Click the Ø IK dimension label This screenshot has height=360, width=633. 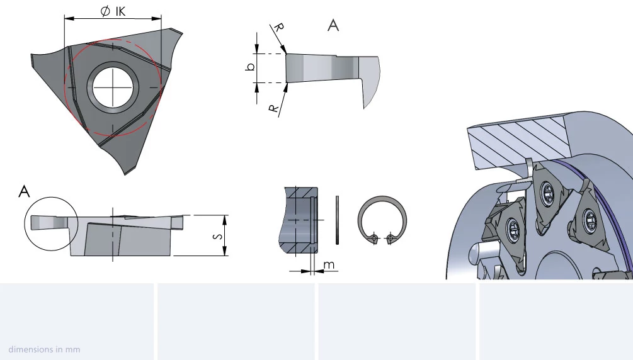coord(113,11)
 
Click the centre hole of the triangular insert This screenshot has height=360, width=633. coord(113,87)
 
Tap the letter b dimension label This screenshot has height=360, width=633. coord(250,67)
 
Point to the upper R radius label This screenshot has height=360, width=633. coord(278,28)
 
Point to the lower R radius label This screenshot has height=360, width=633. coord(274,108)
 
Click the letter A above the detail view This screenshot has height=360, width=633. coord(333,25)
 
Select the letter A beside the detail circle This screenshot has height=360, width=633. coord(24,191)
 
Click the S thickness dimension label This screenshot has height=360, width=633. coord(217,235)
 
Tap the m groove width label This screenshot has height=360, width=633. coord(329,265)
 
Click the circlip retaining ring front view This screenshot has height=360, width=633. coord(382,198)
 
